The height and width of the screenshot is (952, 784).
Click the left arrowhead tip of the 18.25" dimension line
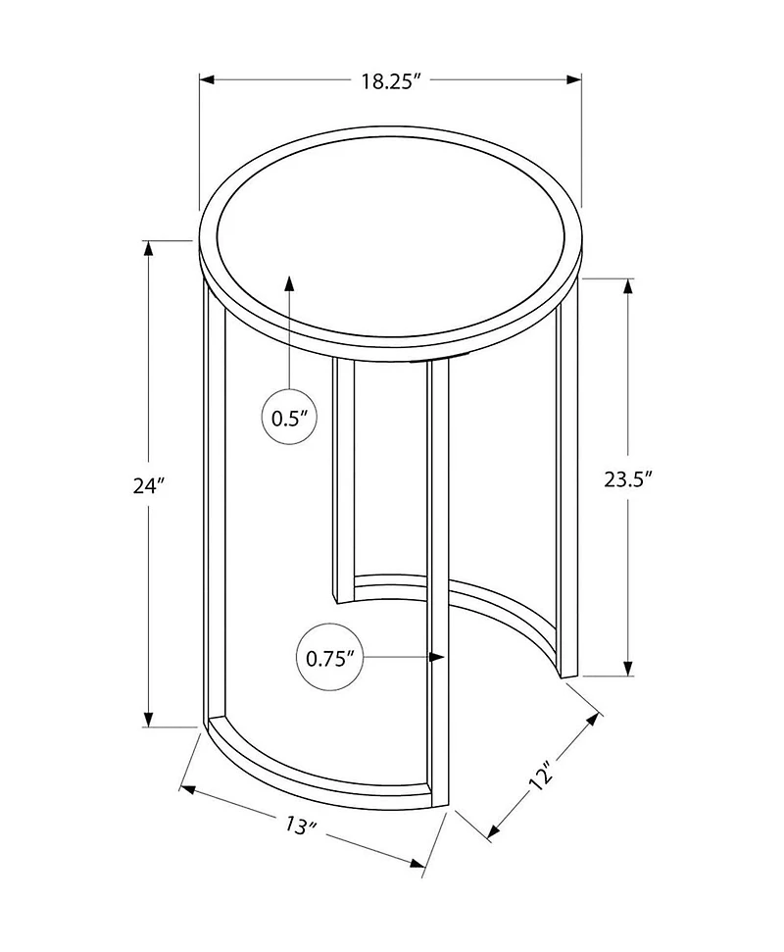tap(201, 79)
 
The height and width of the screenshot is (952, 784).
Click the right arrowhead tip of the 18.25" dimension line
tap(581, 79)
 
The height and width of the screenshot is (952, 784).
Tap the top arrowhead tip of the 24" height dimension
tap(147, 241)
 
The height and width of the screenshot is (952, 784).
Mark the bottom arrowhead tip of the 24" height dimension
tap(147, 726)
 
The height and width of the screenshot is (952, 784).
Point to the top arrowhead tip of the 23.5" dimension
tap(628, 278)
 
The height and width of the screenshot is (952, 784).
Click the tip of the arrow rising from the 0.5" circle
tap(289, 276)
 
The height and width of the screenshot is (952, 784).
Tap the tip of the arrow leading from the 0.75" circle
tap(444, 657)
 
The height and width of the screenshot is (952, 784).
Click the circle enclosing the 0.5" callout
tap(290, 417)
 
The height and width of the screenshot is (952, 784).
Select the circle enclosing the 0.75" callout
tap(329, 658)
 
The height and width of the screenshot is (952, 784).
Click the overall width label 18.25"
tap(391, 80)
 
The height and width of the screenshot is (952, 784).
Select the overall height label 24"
tap(149, 485)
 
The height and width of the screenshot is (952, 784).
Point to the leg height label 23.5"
tap(628, 479)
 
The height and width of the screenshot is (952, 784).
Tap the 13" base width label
tap(302, 826)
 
